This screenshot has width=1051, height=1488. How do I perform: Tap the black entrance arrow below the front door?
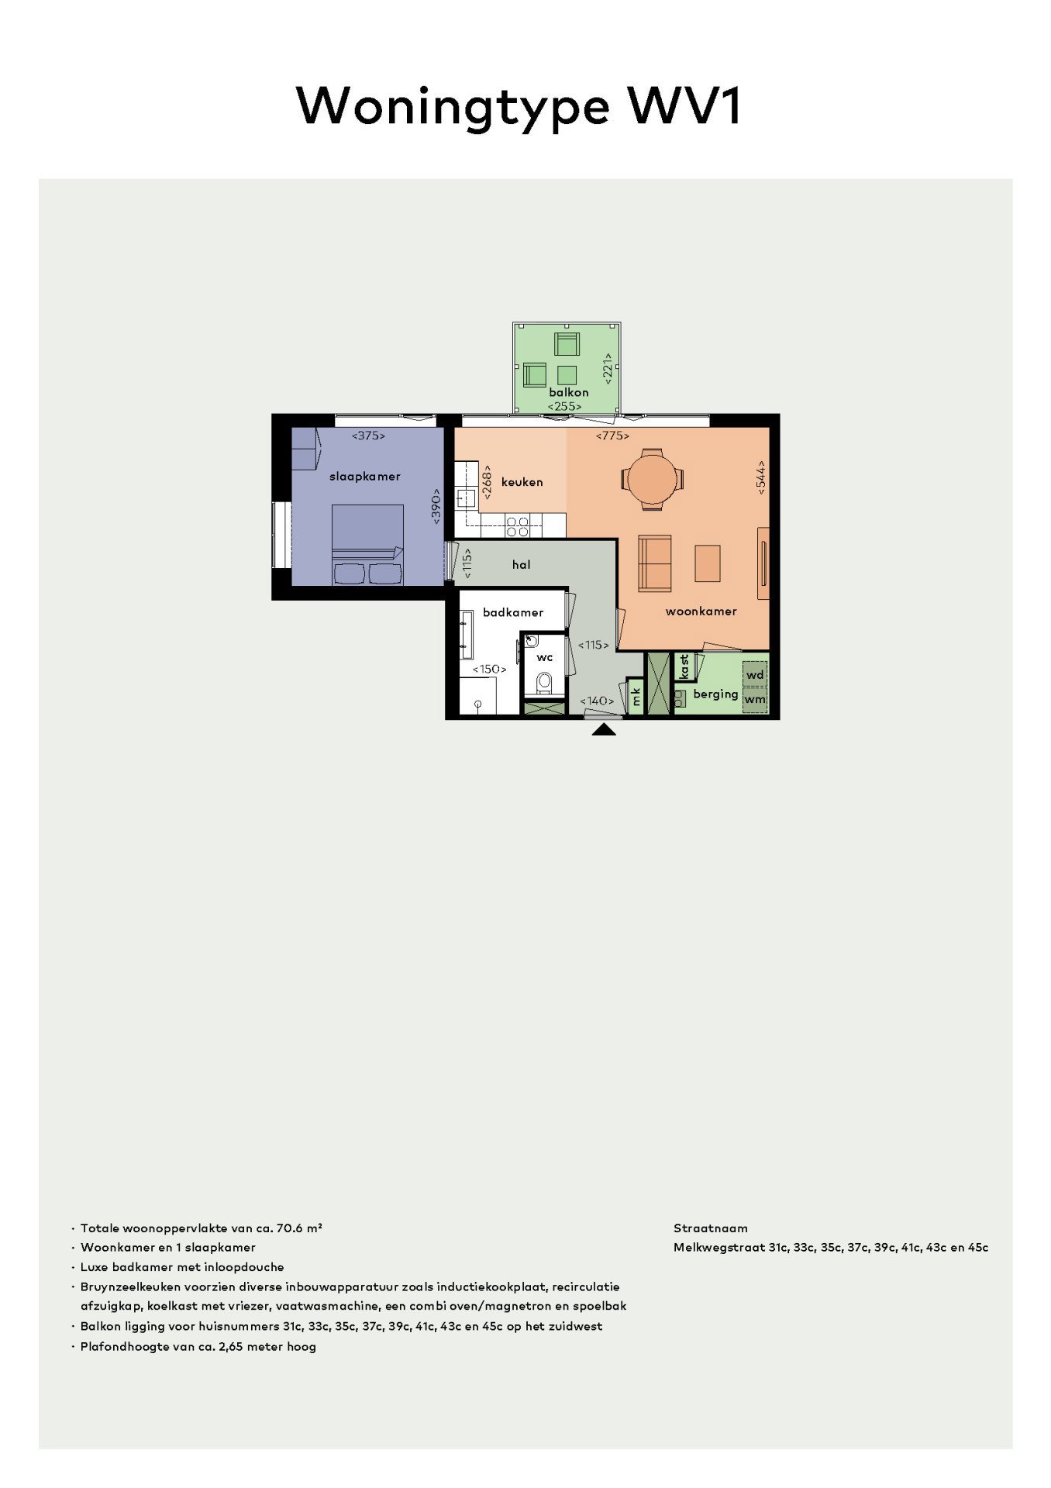coord(604,729)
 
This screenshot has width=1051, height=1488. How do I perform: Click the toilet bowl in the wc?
coord(544,683)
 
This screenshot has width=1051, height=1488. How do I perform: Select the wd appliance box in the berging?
coord(755,674)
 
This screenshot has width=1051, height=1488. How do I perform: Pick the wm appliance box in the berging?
coord(755,699)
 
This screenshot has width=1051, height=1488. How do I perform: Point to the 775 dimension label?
coord(612,436)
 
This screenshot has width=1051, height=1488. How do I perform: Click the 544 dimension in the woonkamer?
coord(761,477)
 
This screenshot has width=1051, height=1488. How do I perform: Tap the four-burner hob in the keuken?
coord(517,526)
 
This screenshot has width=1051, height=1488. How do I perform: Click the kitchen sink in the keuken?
coord(465,497)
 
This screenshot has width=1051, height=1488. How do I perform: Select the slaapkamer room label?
coord(364,476)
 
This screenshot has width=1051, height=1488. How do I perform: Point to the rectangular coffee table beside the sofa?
coord(707,563)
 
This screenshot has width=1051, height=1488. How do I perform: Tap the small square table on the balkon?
coord(567,375)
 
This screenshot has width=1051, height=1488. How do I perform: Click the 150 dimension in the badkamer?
coord(490,669)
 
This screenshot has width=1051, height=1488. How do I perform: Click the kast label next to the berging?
coord(684,667)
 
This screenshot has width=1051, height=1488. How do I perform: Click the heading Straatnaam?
coord(710,1228)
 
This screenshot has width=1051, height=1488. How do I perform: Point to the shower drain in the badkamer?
coord(477,704)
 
